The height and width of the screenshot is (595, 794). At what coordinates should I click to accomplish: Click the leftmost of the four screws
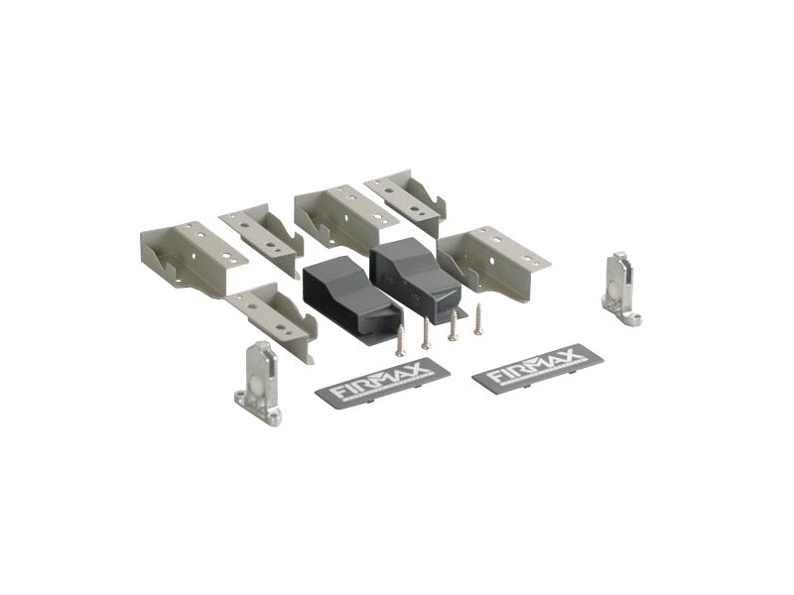point(401,341)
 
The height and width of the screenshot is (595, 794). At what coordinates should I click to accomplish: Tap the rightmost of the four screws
point(478,318)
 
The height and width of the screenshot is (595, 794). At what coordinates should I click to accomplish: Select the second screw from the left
point(427,333)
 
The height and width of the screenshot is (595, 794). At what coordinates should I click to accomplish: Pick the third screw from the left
point(453,325)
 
